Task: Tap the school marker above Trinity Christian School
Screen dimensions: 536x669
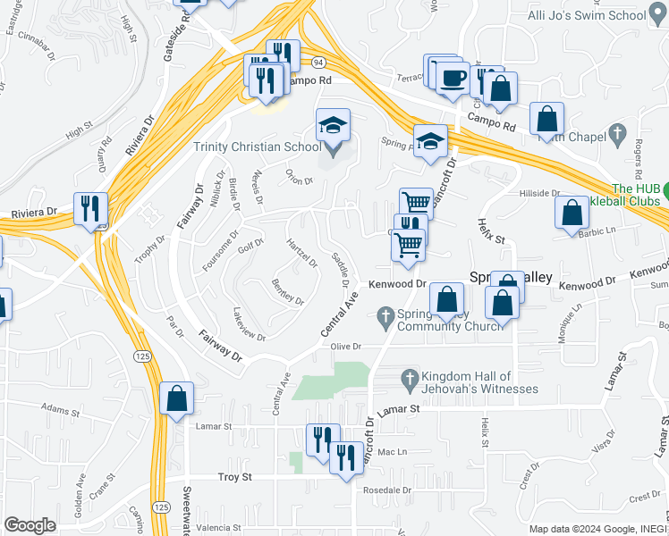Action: point(333,128)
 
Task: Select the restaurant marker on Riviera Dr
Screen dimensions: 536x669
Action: point(90,210)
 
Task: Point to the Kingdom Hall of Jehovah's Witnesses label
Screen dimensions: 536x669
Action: point(481,382)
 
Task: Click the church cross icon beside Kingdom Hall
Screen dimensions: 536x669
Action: point(411,377)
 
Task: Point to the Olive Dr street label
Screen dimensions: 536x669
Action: point(345,346)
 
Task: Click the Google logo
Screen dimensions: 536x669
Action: point(30,525)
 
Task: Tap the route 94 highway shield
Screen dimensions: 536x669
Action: point(319,61)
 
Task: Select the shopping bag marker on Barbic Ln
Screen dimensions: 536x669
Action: point(572,214)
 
